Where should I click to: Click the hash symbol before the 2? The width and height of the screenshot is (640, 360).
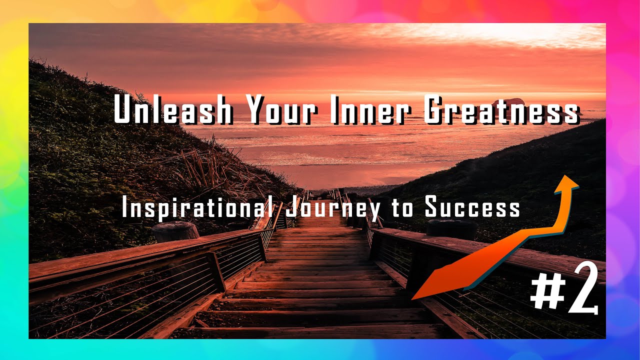coord(546,293)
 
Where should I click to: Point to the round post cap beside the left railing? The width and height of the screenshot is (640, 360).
coord(175,230)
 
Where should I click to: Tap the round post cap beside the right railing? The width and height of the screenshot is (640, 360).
coord(451,228)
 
